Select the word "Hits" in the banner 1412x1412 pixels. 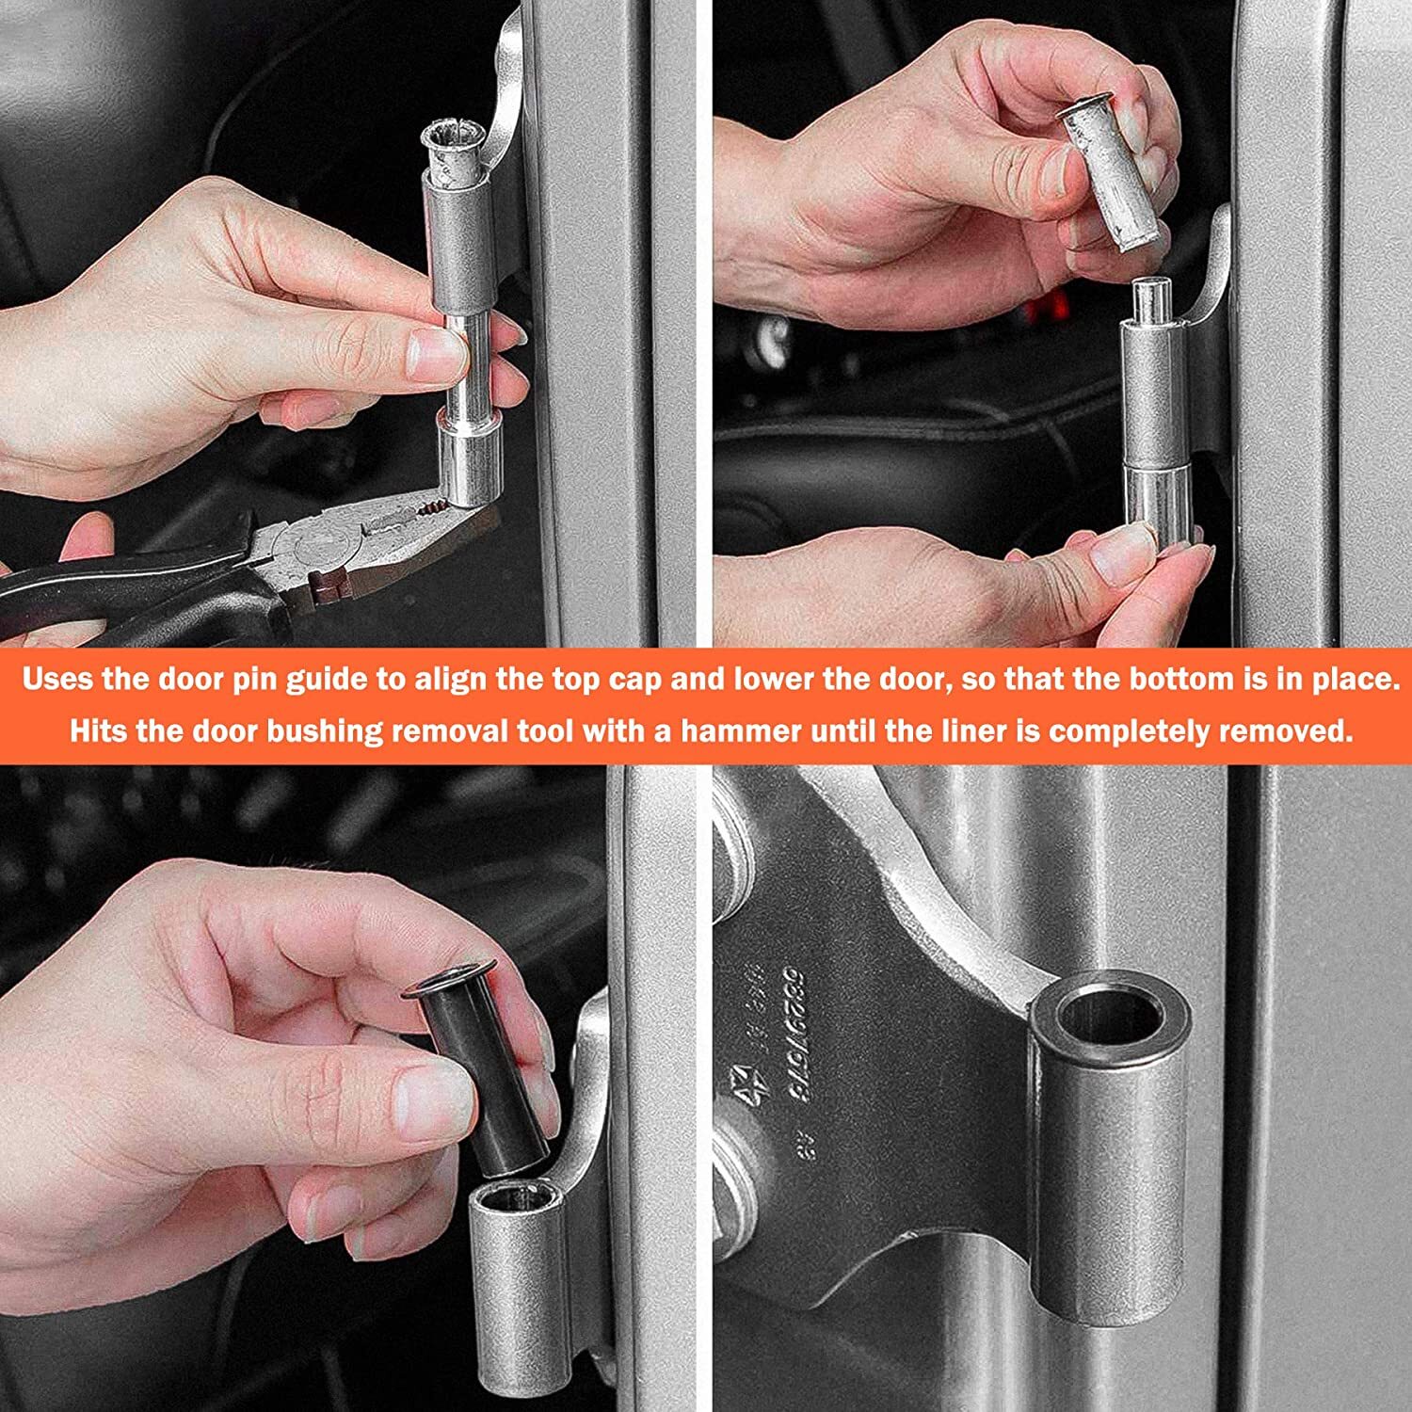click(x=98, y=731)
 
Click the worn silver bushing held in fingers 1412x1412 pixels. click(x=1111, y=174)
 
